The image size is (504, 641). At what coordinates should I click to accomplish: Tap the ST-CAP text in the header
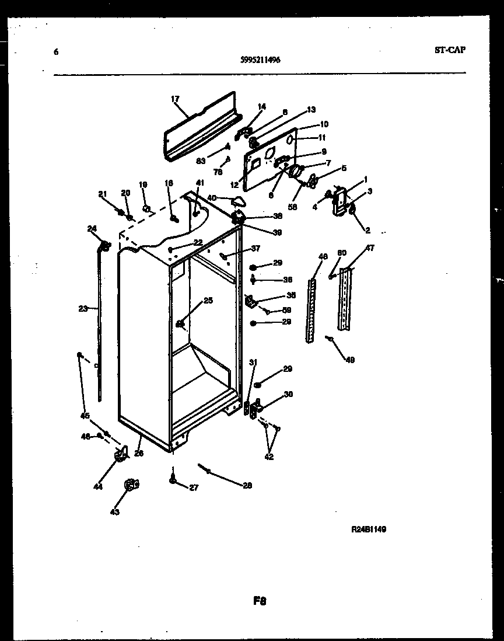(450, 50)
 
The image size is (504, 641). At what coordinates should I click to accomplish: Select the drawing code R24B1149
(369, 529)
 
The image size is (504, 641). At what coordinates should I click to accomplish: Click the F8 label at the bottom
(260, 600)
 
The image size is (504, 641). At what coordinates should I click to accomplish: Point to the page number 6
(56, 52)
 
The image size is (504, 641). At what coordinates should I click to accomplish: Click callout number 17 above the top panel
(175, 99)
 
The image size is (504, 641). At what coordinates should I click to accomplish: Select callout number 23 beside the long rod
(82, 308)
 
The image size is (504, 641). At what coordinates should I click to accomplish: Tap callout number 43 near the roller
(114, 512)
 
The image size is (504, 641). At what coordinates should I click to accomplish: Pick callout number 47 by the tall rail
(370, 249)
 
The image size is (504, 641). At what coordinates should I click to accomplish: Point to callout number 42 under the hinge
(269, 457)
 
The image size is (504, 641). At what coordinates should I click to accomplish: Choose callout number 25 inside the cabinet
(208, 301)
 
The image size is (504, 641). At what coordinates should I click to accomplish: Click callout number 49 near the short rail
(349, 360)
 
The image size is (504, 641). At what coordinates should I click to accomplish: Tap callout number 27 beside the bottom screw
(193, 487)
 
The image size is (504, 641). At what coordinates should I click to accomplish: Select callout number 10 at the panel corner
(324, 124)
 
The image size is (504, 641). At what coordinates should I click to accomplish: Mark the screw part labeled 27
(173, 479)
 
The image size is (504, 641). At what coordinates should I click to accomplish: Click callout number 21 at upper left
(103, 194)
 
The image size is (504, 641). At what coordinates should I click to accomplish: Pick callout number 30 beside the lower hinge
(288, 395)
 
